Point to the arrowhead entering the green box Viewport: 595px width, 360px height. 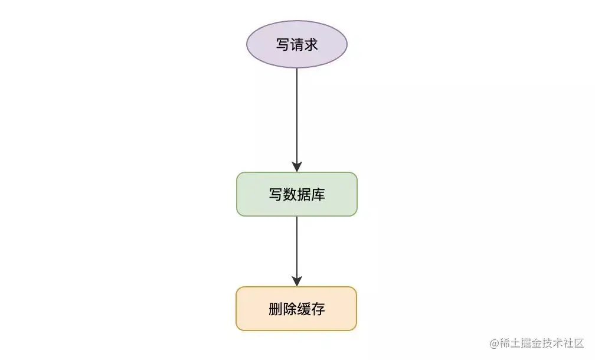[x=297, y=166]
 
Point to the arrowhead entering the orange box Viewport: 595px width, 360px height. [x=297, y=280]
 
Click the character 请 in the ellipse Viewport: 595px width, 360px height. [x=297, y=44]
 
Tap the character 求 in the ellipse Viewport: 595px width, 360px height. [x=311, y=44]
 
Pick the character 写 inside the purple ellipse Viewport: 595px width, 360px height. [x=283, y=44]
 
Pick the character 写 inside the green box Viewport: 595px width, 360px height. [x=276, y=194]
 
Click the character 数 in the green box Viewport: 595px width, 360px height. [x=290, y=194]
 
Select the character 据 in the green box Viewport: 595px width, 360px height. [x=304, y=194]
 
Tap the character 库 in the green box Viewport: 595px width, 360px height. [x=318, y=194]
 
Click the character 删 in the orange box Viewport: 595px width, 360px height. [x=275, y=309]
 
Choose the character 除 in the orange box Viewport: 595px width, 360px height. [x=289, y=309]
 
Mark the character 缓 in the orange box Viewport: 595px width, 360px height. [x=303, y=309]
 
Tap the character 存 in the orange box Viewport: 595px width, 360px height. [x=318, y=309]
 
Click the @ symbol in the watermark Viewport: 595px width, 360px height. [x=494, y=343]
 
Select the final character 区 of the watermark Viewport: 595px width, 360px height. [x=578, y=343]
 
